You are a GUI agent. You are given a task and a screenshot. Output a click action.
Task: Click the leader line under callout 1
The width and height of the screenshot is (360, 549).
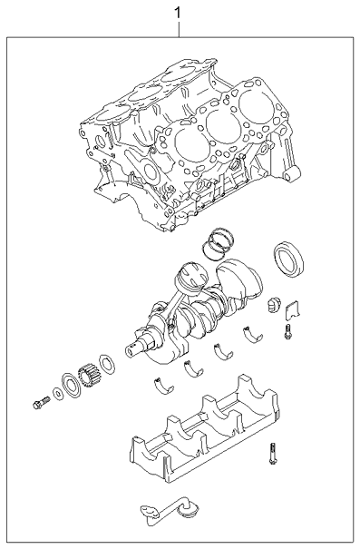click(x=179, y=30)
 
